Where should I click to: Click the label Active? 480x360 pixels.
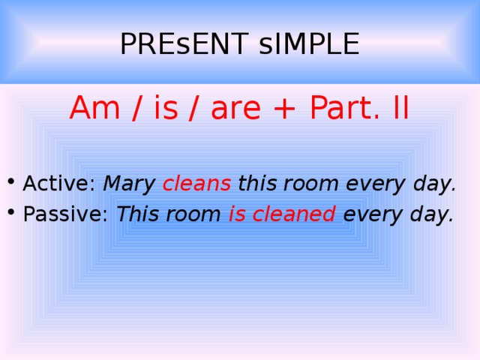59,184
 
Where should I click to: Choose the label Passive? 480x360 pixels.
66,215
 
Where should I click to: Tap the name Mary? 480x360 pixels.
129,184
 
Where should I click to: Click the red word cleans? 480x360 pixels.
196,184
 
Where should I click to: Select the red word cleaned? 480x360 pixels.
294,214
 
